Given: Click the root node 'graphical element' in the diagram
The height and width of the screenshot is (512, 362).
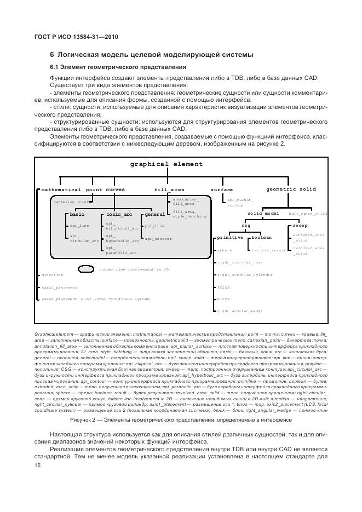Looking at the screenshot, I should point(166,164).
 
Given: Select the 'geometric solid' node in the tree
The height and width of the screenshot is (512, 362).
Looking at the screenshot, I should point(291,189).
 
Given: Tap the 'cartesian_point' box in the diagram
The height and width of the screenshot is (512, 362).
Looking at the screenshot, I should point(71,202).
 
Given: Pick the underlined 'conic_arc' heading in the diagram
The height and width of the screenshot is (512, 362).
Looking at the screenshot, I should point(119,215).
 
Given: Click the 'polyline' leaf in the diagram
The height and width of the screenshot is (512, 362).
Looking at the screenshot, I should point(154,226).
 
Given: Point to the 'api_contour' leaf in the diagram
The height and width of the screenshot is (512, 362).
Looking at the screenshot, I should point(158,239).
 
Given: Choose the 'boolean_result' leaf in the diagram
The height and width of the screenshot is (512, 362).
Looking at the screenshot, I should point(268,250).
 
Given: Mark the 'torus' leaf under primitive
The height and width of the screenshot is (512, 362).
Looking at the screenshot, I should point(223,287).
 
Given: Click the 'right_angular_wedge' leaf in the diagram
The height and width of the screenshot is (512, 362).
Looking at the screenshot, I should point(239,311).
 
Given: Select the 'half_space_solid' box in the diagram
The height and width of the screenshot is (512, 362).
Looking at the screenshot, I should point(308,214).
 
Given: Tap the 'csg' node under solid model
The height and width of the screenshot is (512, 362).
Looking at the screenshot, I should point(246,225).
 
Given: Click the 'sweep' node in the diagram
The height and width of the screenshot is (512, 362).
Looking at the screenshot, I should point(300,225).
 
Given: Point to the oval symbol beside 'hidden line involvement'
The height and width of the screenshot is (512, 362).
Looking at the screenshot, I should point(87,269).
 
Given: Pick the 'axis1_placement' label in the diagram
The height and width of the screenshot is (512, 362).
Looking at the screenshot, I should point(59,287).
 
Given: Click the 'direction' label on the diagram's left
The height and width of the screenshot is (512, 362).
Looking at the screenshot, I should point(52,275).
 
